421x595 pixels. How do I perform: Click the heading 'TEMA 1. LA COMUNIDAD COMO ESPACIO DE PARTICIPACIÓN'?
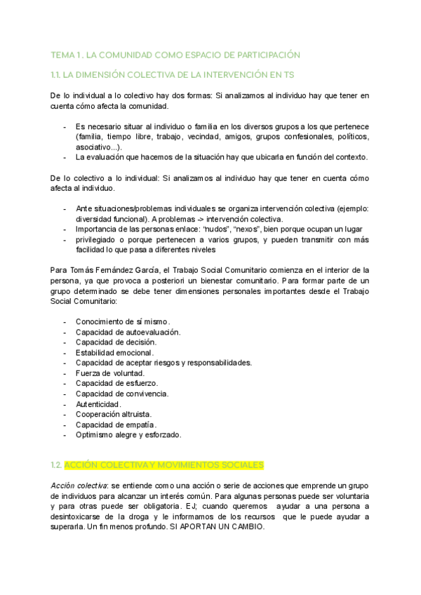(x=175, y=55)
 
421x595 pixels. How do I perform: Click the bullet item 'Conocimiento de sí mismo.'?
(x=123, y=321)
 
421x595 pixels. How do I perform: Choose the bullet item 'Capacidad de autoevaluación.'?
(x=128, y=331)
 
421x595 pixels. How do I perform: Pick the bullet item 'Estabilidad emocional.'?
(x=114, y=352)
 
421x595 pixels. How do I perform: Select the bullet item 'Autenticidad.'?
(x=98, y=404)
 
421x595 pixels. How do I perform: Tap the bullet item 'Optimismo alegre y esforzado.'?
(x=128, y=435)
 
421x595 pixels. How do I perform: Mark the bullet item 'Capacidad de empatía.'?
(x=116, y=424)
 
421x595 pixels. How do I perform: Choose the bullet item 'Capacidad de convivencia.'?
(x=122, y=394)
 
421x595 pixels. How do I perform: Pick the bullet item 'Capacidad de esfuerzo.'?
(x=116, y=383)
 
